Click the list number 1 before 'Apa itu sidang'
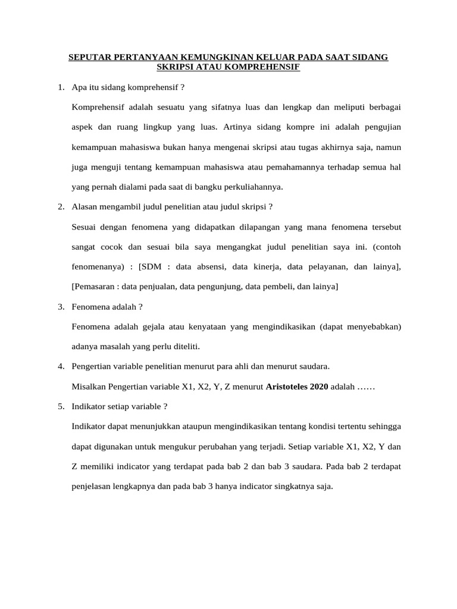click(61, 87)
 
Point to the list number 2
click(61, 206)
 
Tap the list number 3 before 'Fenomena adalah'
click(61, 306)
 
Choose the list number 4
click(61, 366)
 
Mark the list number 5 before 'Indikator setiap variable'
click(61, 406)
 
